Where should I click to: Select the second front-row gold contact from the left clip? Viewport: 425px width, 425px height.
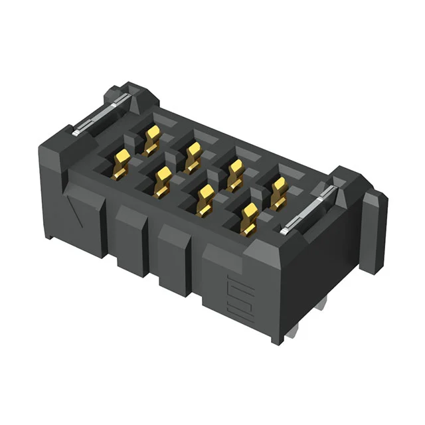coord(163,181)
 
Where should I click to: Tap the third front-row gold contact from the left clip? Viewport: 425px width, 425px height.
coord(205,198)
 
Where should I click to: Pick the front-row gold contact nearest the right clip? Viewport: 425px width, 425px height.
coord(249,218)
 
